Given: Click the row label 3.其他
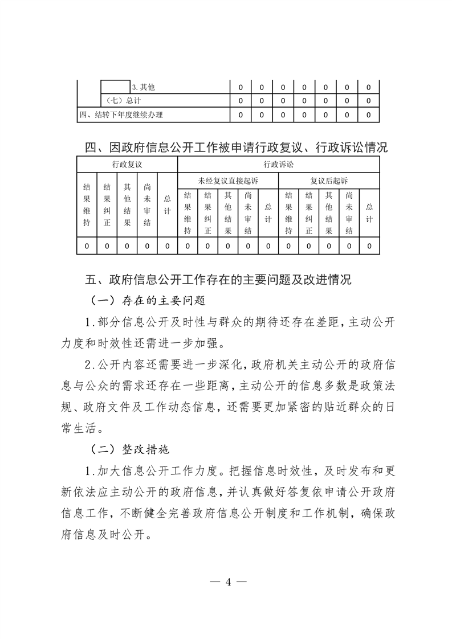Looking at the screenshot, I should coord(144,88).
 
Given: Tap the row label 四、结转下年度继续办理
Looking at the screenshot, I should coord(121,114).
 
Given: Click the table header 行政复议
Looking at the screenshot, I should coord(127,165).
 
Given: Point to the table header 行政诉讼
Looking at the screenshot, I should coord(279,165).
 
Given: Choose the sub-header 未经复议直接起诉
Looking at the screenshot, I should coord(228,181).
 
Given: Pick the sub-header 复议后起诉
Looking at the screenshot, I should coord(329,181).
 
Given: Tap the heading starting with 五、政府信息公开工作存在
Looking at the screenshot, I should coord(218,280).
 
